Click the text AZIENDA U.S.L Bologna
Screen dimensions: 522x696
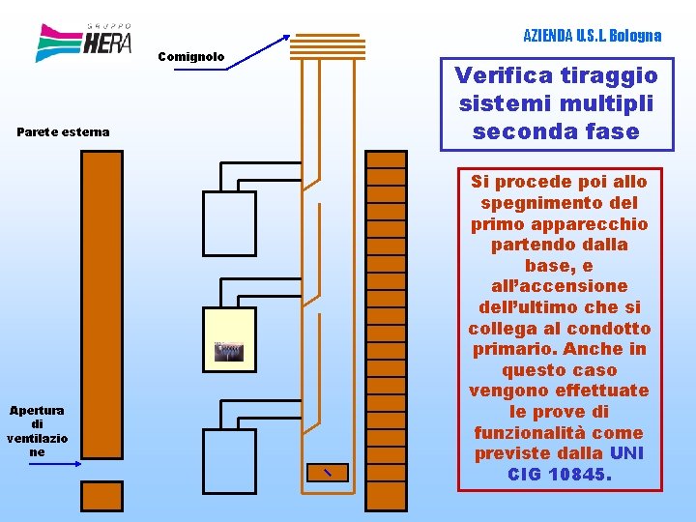(x=592, y=36)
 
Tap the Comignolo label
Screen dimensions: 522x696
(x=190, y=57)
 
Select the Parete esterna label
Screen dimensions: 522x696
(x=64, y=131)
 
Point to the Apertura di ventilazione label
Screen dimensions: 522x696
(x=37, y=431)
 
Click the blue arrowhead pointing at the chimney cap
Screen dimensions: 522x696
(x=286, y=38)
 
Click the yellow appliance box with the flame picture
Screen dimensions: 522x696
(x=229, y=339)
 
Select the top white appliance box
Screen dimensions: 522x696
(x=229, y=223)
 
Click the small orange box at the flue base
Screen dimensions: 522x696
(x=326, y=472)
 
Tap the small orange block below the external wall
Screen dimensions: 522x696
(x=101, y=496)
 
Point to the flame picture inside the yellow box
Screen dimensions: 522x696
(x=229, y=352)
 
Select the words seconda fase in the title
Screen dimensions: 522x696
(x=556, y=131)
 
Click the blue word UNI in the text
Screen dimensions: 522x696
(x=626, y=453)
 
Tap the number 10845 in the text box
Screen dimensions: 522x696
(x=578, y=475)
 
